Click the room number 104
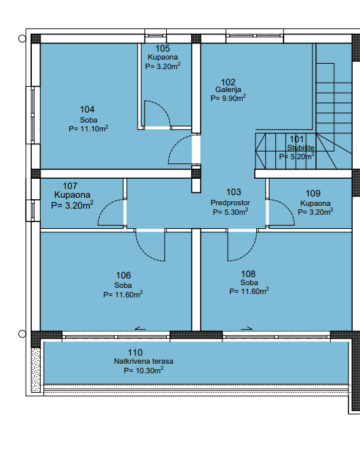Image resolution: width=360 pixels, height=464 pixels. pyautogui.click(x=87, y=110)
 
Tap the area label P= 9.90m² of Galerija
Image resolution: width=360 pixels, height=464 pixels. pyautogui.click(x=228, y=98)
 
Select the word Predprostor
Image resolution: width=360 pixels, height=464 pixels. pyautogui.click(x=231, y=203)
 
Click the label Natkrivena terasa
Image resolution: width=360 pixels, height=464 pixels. pyautogui.click(x=144, y=361)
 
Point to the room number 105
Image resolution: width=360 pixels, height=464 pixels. pyautogui.click(x=163, y=48)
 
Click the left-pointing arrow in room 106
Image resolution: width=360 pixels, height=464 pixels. pyautogui.click(x=140, y=329)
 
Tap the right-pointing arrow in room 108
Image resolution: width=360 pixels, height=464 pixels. pyautogui.click(x=247, y=328)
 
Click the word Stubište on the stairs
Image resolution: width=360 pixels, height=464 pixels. pyautogui.click(x=300, y=148)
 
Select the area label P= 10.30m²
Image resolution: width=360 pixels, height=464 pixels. pyautogui.click(x=144, y=371)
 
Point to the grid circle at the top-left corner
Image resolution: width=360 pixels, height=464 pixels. pyautogui.click(x=22, y=39)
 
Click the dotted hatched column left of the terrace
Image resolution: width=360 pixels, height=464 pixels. pyautogui.click(x=35, y=370)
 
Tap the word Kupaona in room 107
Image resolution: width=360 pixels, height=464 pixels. pyautogui.click(x=72, y=195)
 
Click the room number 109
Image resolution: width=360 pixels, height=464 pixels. pyautogui.click(x=313, y=194)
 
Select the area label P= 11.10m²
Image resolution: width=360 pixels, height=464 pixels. pyautogui.click(x=88, y=129)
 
